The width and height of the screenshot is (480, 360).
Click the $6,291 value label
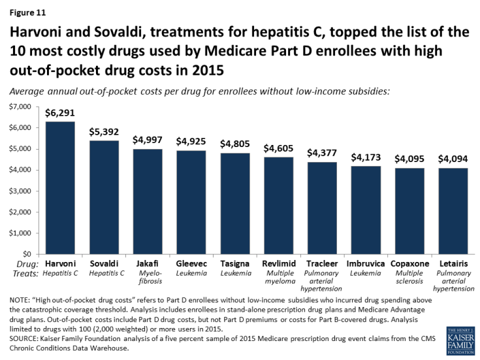pos(59,112)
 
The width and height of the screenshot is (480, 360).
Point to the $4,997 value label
pos(147,140)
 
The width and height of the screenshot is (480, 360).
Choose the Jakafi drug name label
pos(147,263)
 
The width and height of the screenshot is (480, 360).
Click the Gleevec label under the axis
pos(191,263)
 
